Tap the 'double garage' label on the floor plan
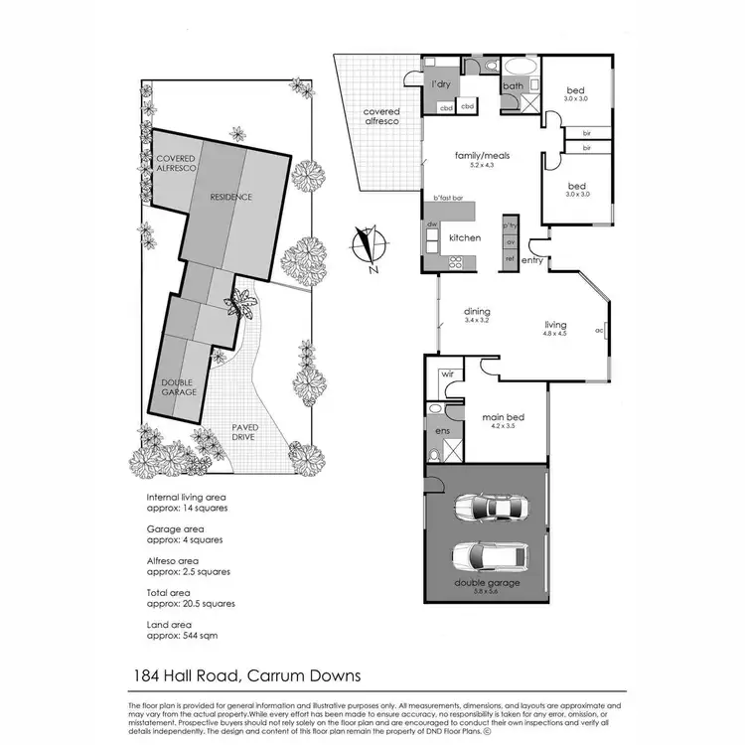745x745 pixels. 487,583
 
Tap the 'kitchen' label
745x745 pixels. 465,238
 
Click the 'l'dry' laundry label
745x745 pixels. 441,84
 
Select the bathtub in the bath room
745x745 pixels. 519,67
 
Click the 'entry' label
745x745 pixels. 532,260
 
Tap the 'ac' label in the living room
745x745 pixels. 599,330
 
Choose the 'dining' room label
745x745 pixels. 478,311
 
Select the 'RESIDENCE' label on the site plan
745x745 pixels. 230,197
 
